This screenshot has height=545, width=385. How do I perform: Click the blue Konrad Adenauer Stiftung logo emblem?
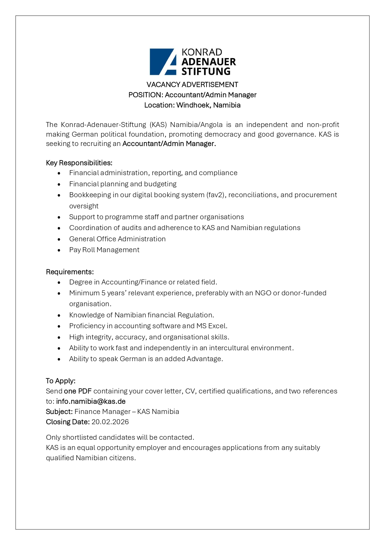tap(163, 61)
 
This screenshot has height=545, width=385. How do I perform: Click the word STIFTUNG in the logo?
tap(206, 71)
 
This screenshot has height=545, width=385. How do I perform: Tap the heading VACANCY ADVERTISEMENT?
tap(192, 84)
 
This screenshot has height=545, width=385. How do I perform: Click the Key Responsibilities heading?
tap(79, 163)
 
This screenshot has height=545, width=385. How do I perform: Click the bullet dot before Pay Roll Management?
tap(59, 250)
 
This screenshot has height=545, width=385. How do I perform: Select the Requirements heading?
tap(70, 272)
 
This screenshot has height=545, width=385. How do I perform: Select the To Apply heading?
tap(61, 381)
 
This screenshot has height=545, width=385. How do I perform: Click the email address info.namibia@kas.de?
tap(91, 401)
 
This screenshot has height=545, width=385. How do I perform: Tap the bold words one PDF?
tap(78, 391)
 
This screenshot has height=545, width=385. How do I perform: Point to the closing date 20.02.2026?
tap(110, 422)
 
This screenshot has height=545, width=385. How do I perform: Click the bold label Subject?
tap(59, 411)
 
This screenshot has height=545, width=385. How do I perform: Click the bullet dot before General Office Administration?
tap(59, 239)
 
